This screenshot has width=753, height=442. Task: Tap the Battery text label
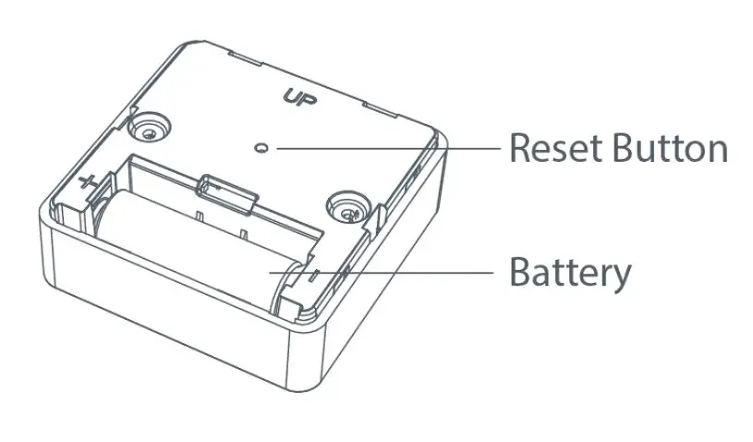click(571, 273)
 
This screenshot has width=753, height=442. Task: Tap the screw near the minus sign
click(348, 208)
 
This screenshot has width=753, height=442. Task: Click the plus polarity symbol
click(88, 182)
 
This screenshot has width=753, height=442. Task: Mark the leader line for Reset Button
click(388, 147)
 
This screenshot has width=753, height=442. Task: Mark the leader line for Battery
click(388, 272)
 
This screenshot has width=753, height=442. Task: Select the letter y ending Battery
click(622, 277)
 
